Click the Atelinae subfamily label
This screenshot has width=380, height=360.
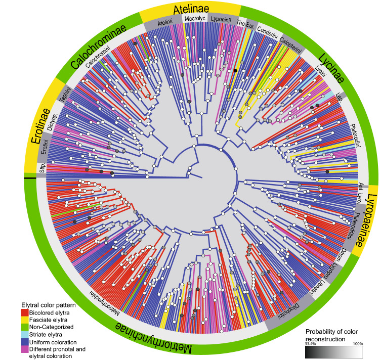pyautogui.click(x=190, y=10)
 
